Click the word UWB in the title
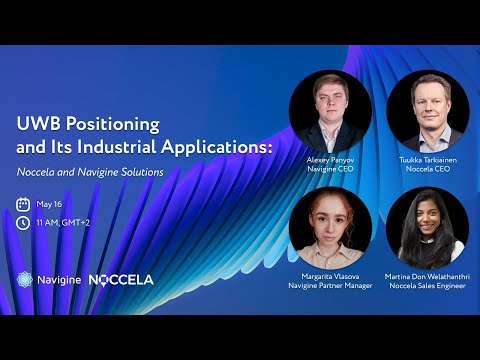click(41, 125)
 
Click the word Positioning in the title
click(115, 125)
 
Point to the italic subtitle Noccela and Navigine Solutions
click(90, 172)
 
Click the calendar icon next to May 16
click(23, 204)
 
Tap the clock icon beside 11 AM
click(23, 223)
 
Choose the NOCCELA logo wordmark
click(121, 280)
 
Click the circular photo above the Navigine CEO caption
click(330, 111)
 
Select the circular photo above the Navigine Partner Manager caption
click(330, 227)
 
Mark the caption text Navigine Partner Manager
click(330, 286)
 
